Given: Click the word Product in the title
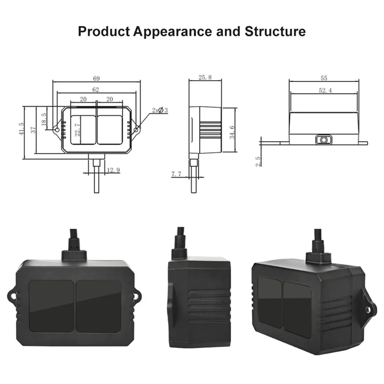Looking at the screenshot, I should [x=103, y=32].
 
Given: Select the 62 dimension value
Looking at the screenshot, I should [x=96, y=89].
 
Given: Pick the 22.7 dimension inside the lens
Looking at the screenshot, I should [x=78, y=129].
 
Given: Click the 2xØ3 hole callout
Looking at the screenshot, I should [x=159, y=110].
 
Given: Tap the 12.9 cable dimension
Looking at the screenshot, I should [x=113, y=170].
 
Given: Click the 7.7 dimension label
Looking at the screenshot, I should [x=177, y=175].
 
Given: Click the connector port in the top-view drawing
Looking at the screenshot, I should [x=324, y=140].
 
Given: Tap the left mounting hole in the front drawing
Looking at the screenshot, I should [x=57, y=130].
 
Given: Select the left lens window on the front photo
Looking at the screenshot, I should [x=51, y=306].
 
